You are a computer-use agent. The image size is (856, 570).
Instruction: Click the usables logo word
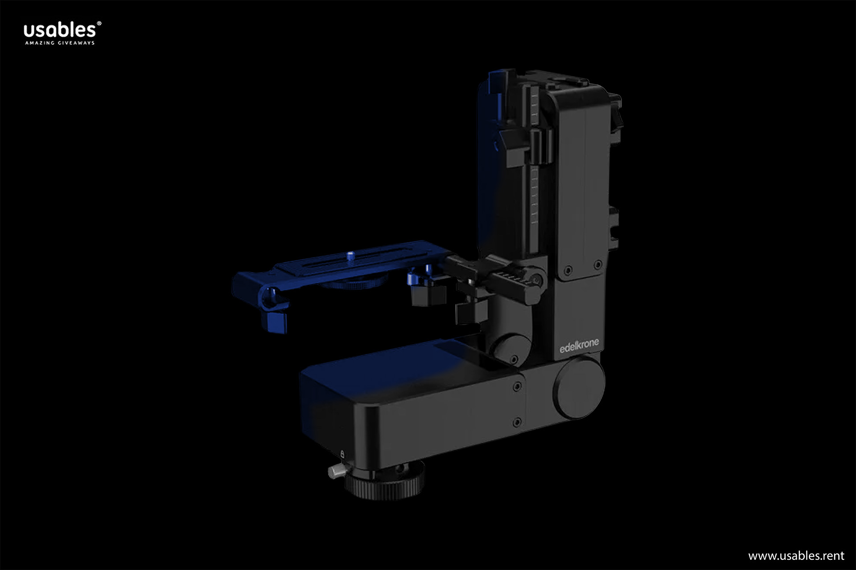[59, 30]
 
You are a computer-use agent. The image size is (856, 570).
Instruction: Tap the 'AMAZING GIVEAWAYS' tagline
[60, 43]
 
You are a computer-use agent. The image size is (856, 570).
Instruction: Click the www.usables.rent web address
[796, 555]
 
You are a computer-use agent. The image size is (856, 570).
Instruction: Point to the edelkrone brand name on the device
[579, 346]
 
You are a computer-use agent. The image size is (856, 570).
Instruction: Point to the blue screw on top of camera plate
[350, 256]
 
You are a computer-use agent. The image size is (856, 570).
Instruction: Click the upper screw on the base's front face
[517, 387]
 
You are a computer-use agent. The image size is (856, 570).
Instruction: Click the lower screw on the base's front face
[517, 421]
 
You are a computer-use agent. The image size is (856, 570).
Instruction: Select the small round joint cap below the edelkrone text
[512, 349]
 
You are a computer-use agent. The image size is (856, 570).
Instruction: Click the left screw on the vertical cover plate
[568, 270]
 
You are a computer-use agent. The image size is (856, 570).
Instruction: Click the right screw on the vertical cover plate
[598, 265]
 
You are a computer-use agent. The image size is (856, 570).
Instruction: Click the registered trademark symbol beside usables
[99, 23]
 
